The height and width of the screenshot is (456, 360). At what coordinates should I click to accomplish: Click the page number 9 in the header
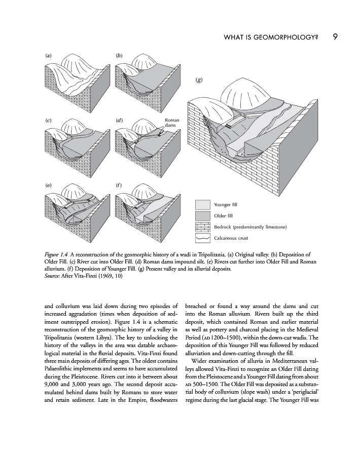tap(336, 36)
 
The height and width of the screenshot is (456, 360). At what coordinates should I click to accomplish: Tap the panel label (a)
tap(48, 54)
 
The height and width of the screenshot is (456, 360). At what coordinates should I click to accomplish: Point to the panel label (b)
tap(120, 54)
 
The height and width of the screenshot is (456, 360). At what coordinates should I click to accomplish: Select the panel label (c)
tap(48, 120)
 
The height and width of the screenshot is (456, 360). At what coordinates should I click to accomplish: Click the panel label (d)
tap(120, 120)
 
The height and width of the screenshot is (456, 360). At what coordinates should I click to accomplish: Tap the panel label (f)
tap(120, 185)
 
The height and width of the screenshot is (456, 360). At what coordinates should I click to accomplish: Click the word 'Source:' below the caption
tap(49, 276)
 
